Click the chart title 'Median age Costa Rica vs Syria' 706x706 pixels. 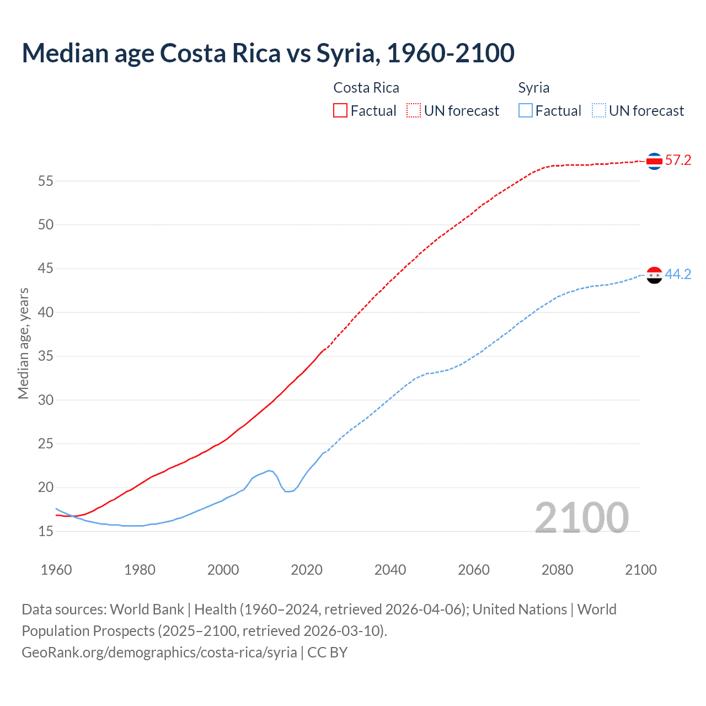268,53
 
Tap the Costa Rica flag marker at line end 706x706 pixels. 654,161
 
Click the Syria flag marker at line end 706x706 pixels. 654,275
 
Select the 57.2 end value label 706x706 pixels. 678,161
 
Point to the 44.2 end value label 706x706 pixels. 678,274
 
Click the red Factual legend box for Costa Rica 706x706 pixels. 340,111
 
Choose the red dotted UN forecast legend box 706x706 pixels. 414,111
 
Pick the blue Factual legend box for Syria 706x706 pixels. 526,111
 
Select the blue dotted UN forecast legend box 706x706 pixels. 598,111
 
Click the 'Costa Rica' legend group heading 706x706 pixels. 366,88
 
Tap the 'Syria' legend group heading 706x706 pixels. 533,88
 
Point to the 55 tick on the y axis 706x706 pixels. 46,181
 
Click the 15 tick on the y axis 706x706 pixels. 46,531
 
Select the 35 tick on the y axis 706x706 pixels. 46,356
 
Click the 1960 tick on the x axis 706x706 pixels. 56,570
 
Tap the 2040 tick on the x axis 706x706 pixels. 390,570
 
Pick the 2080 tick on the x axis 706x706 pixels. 557,570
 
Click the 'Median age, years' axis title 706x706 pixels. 23,343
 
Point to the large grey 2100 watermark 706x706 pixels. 581,517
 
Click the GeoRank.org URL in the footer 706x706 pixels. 159,652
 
